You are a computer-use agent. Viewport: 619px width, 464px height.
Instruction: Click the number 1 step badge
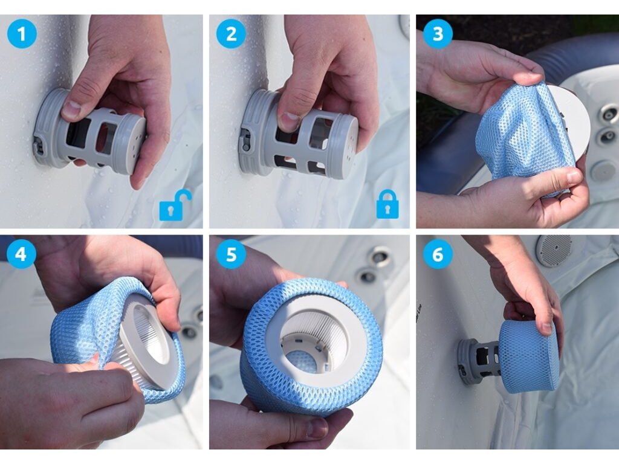[22, 34]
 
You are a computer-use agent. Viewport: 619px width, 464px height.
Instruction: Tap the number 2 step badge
[231, 34]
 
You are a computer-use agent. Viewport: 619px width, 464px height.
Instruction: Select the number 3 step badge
[438, 34]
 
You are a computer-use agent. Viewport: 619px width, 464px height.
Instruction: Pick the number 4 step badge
[21, 254]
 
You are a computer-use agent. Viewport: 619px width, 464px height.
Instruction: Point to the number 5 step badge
[231, 254]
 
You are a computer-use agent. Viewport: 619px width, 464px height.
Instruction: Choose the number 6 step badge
[438, 254]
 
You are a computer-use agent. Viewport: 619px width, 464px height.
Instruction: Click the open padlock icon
[175, 205]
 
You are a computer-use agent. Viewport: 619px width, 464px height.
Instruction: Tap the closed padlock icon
[387, 204]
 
